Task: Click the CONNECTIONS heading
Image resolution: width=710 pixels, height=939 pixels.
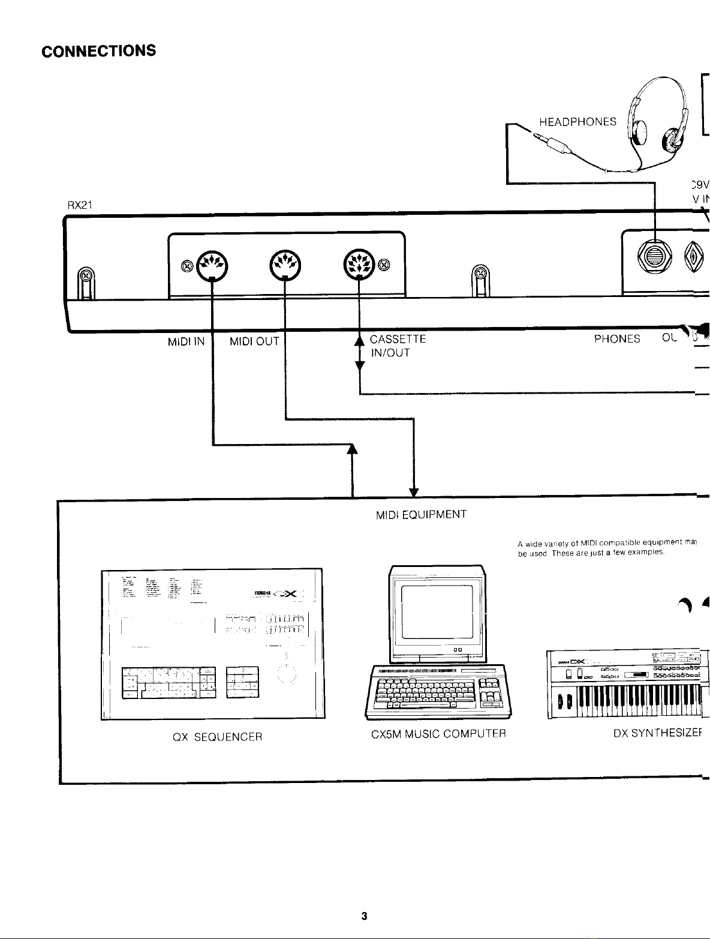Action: (x=99, y=50)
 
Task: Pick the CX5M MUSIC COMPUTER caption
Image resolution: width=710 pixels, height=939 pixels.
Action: (x=438, y=733)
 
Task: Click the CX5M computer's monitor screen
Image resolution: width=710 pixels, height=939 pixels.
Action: (x=437, y=613)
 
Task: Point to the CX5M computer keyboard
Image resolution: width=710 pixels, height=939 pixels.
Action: (x=438, y=690)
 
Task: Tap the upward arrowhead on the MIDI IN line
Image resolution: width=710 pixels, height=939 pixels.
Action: (x=352, y=449)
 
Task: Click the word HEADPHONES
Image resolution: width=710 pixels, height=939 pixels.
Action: (x=577, y=122)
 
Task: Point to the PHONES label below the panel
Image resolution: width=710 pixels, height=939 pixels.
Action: (x=617, y=339)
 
